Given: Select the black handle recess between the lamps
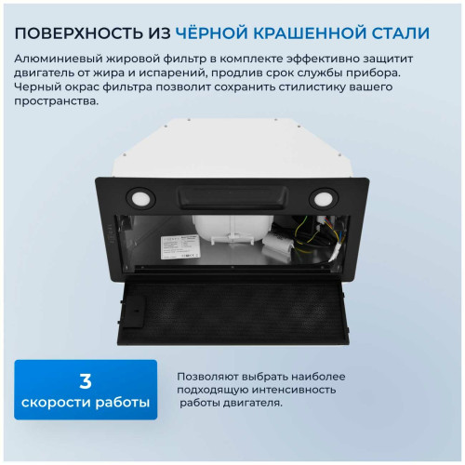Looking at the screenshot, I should pos(232,197).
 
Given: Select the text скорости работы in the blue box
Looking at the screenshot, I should pos(83,403).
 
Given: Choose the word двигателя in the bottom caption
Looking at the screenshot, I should pos(249,404).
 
